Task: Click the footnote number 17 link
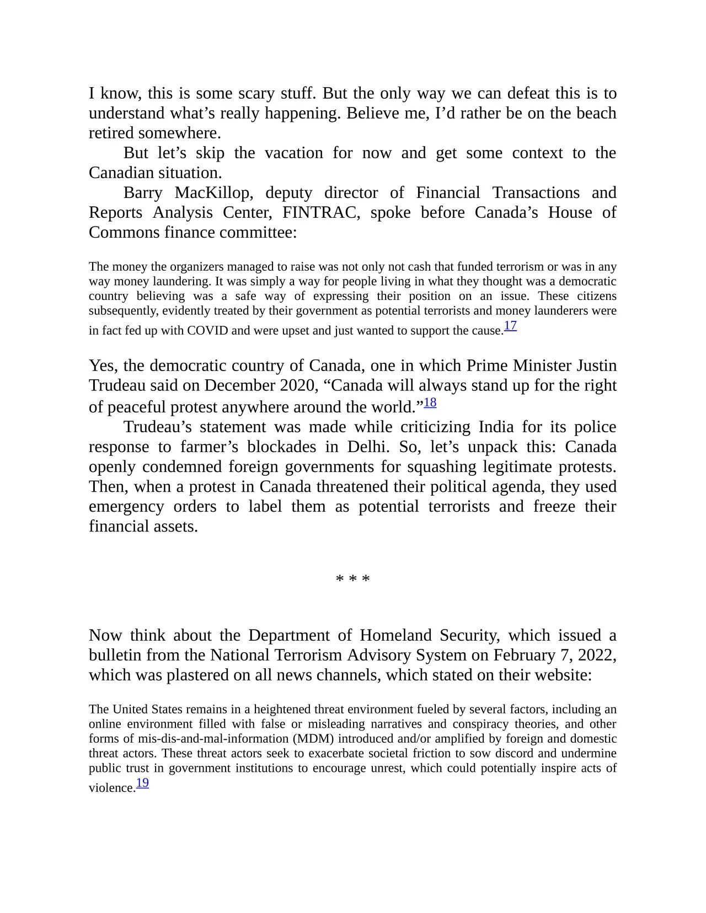[510, 326]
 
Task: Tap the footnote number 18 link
[430, 402]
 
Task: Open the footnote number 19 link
[142, 783]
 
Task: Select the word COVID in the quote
[205, 331]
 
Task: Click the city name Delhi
[368, 447]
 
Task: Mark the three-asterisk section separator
[353, 579]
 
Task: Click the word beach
[595, 113]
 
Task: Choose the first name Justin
[596, 366]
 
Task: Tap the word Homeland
[396, 635]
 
